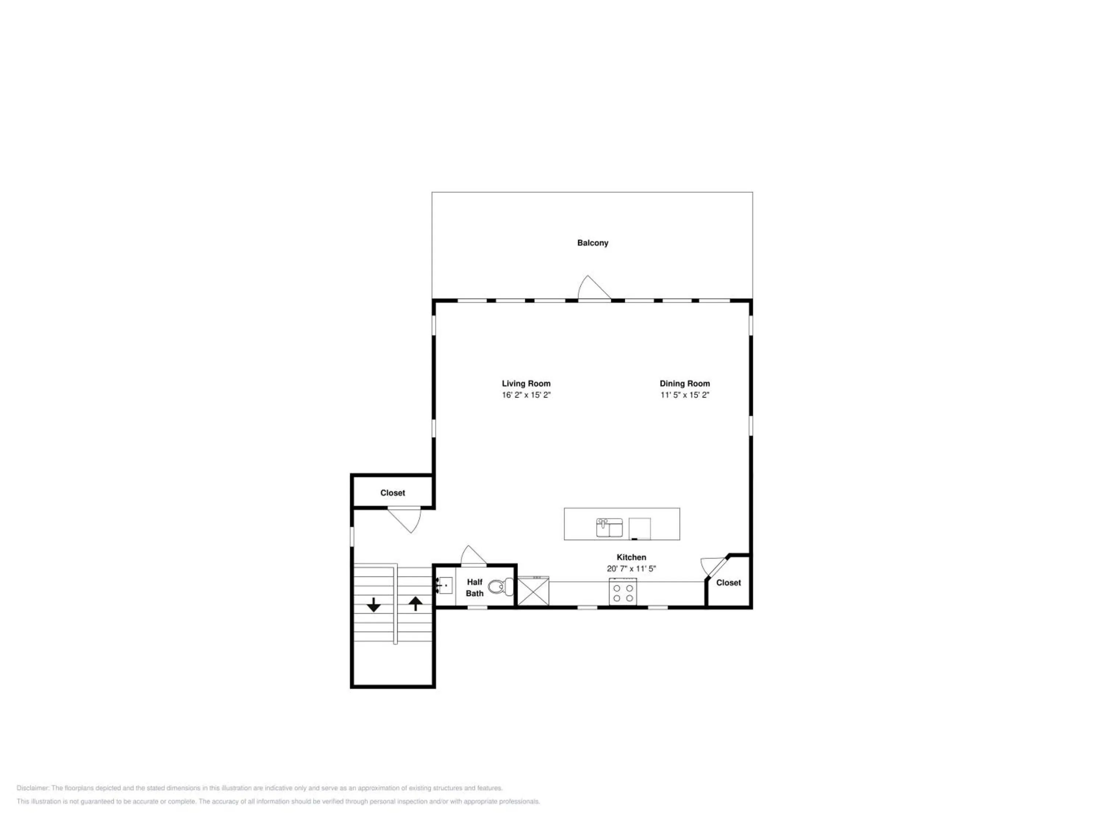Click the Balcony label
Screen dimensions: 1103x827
pos(592,243)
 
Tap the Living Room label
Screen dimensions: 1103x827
pos(526,383)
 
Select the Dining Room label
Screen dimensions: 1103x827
pos(685,383)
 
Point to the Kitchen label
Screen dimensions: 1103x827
pos(631,557)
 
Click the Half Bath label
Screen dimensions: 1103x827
pos(475,588)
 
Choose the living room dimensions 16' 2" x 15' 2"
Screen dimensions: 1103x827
pos(526,395)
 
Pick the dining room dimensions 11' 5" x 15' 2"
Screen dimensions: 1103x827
pos(685,395)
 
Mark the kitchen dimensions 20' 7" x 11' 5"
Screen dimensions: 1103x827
pos(631,569)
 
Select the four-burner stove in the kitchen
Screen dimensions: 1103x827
pos(623,592)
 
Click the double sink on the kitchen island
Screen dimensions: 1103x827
pos(609,528)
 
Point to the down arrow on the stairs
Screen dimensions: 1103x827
pos(374,605)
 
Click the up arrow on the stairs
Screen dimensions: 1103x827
pos(415,604)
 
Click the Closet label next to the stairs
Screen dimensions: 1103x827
pos(392,493)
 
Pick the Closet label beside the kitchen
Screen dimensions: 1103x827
pos(728,583)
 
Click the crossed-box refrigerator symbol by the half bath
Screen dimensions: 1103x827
pos(533,591)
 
